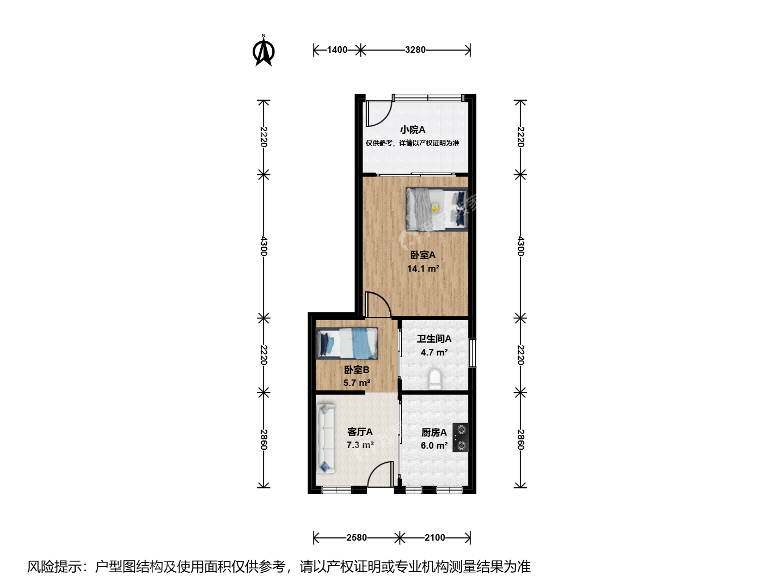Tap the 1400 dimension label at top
coord(337,50)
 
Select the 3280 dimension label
coord(415,50)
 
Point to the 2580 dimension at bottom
coord(357,537)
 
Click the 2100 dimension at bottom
coord(434,537)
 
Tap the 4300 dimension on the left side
coord(264,246)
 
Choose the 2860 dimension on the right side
coord(520,439)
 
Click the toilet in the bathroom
coord(434,379)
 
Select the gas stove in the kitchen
coord(461,437)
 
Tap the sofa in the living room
coord(326,439)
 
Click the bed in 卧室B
coord(346,343)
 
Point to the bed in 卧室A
coord(437,210)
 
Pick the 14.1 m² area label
coord(423,268)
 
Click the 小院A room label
coord(413,130)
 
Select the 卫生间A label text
coord(434,339)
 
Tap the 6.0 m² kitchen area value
coord(434,445)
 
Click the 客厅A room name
coord(360,432)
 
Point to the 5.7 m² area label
coord(357,383)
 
